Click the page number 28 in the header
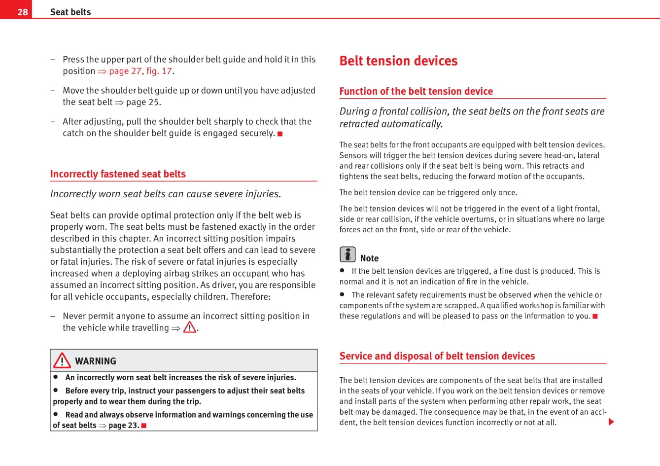(23, 12)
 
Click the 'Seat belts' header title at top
(70, 12)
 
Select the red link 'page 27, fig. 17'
(140, 71)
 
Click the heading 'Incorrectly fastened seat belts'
(118, 174)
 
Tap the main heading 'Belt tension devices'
(398, 61)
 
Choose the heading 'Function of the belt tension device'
(416, 91)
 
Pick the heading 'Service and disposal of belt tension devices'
(437, 356)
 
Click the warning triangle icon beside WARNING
(62, 360)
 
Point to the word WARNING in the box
(96, 361)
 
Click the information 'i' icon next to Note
(347, 254)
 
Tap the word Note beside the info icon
(369, 258)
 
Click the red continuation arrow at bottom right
(611, 422)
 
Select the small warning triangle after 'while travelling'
(190, 327)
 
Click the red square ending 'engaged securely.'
(280, 134)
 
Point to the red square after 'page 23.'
(144, 426)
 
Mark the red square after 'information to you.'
(595, 316)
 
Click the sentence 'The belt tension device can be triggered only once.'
(428, 192)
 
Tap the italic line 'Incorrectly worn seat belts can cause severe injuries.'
(166, 194)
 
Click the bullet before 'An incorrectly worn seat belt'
(56, 377)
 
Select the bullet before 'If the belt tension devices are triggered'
(342, 270)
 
